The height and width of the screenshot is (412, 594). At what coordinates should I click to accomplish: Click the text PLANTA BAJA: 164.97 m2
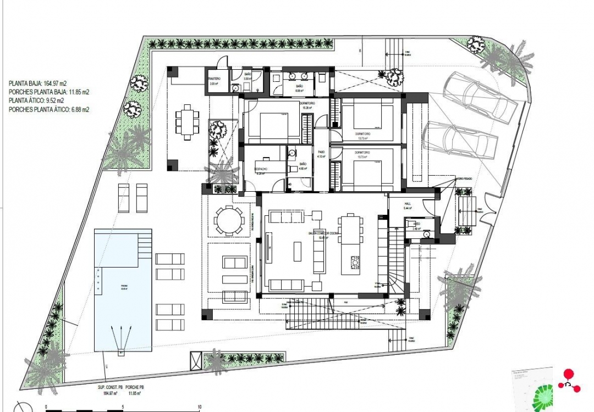coord(38,83)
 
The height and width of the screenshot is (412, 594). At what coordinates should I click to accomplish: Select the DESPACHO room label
coord(261,169)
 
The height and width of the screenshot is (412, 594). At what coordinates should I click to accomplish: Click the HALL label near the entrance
coord(408,202)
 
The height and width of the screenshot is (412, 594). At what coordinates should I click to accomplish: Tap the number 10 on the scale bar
coord(199,407)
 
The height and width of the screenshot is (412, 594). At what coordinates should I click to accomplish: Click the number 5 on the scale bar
coord(123,407)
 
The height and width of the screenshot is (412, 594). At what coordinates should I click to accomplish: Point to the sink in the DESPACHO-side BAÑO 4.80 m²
coord(293,154)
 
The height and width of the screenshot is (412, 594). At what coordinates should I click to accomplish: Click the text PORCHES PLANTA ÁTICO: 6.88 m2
coord(49,110)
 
